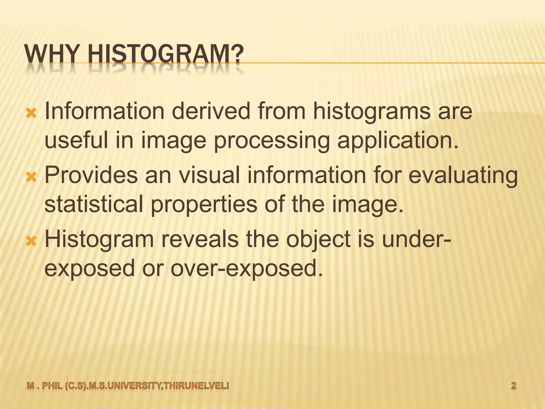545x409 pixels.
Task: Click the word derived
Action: coord(212,111)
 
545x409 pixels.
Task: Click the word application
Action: coord(398,141)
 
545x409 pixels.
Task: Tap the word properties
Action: coord(204,205)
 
